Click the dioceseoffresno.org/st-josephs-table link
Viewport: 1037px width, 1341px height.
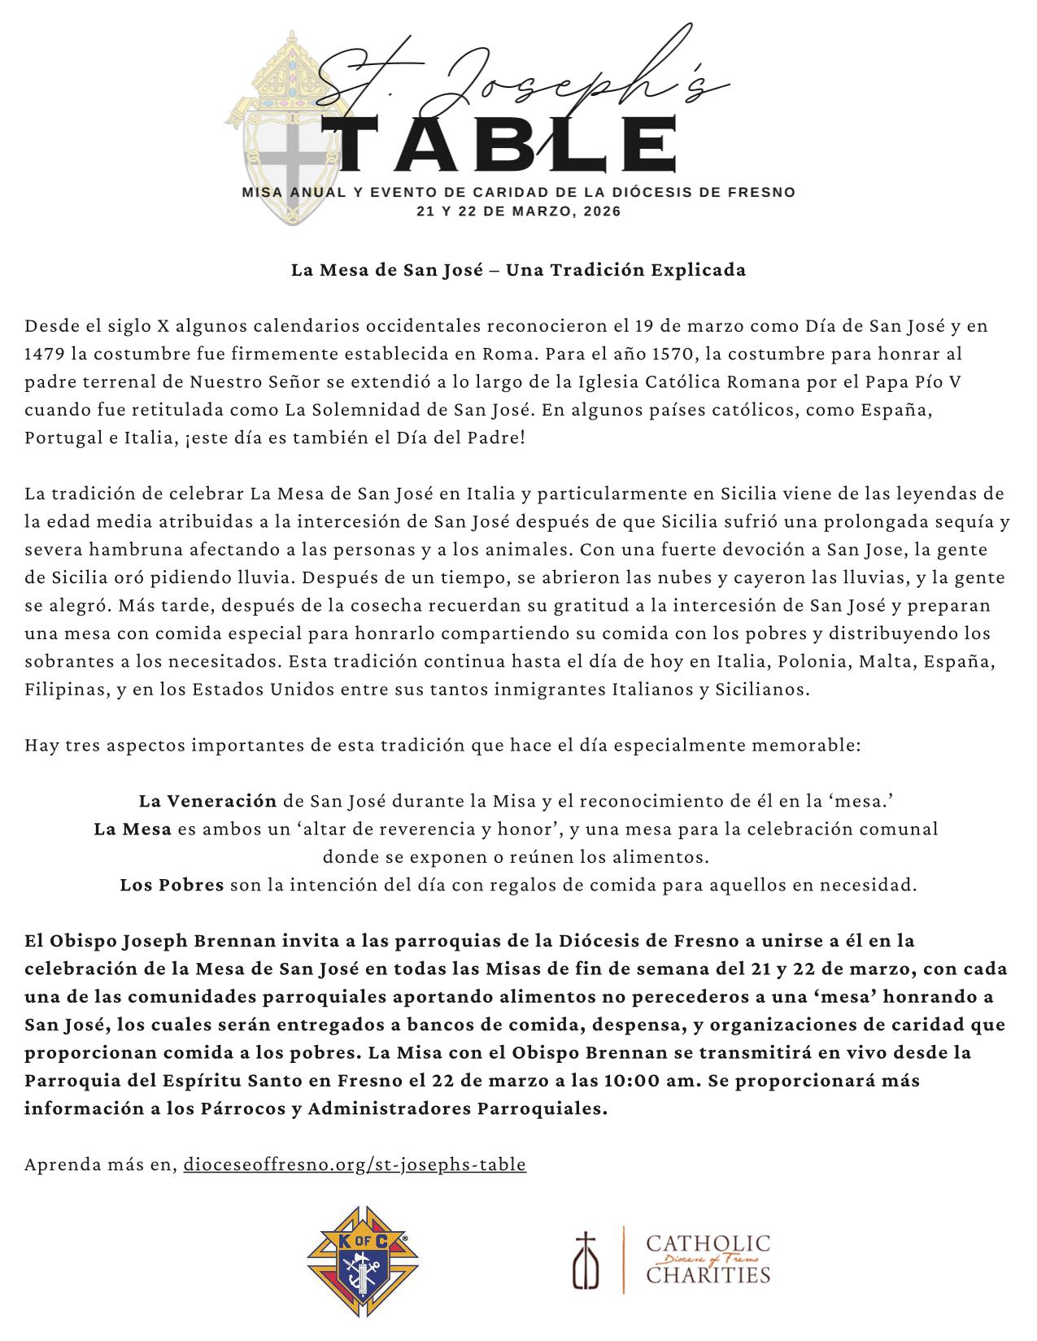click(x=355, y=1165)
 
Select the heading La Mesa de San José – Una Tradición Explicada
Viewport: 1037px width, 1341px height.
click(x=518, y=270)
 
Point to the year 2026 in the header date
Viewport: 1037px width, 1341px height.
click(x=603, y=211)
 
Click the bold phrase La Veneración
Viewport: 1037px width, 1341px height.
click(x=207, y=802)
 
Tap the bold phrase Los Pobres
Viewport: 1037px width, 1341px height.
click(x=172, y=885)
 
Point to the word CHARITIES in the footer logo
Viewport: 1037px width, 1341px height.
click(x=708, y=1274)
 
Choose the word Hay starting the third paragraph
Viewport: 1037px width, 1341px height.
click(x=40, y=746)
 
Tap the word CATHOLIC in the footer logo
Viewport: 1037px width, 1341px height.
click(x=708, y=1244)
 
